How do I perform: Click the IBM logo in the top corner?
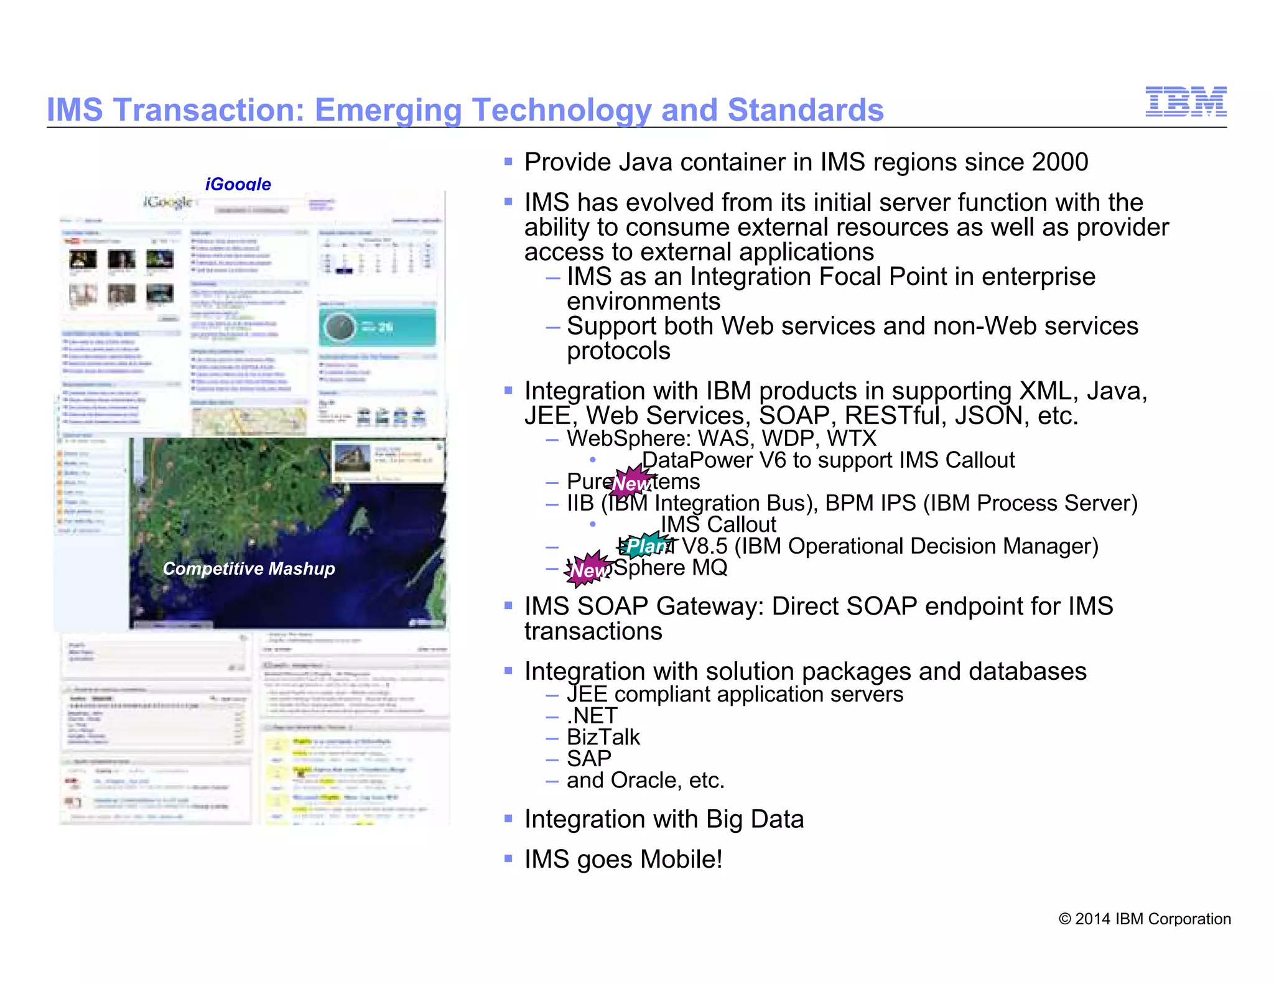pyautogui.click(x=1186, y=102)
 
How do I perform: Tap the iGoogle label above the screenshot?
pyautogui.click(x=238, y=184)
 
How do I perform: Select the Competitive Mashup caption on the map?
pyautogui.click(x=249, y=569)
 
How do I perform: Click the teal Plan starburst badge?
pyautogui.click(x=646, y=545)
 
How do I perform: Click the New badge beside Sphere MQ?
pyautogui.click(x=588, y=569)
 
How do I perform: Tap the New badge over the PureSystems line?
pyautogui.click(x=631, y=482)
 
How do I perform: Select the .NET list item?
pyautogui.click(x=592, y=716)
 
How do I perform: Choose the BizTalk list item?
pyautogui.click(x=603, y=737)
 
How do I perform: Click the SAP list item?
pyautogui.click(x=588, y=759)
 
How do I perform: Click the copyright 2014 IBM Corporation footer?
pyautogui.click(x=1145, y=919)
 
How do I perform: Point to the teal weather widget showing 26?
pyautogui.click(x=378, y=327)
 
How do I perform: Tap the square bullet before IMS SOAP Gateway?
pyautogui.click(x=508, y=605)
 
